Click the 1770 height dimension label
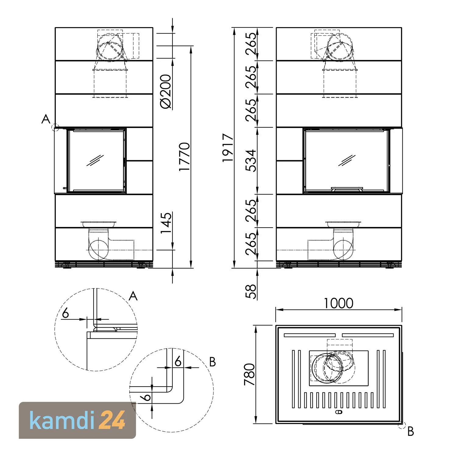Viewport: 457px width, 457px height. (184, 157)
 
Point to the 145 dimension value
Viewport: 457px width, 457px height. (166, 223)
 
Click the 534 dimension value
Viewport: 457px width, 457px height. (251, 161)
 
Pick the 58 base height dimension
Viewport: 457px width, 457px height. (251, 292)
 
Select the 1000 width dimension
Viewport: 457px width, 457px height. (338, 303)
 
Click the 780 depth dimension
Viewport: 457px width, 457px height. (250, 374)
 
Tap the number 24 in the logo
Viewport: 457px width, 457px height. (113, 420)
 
